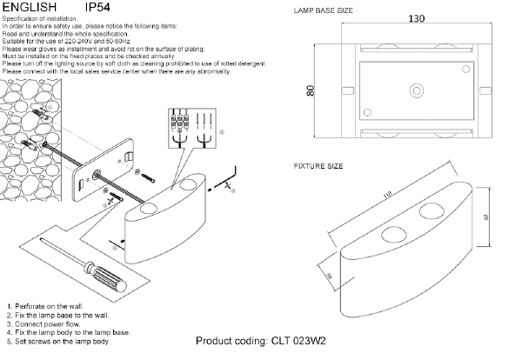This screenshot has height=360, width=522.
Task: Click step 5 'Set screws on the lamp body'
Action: (x=58, y=341)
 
